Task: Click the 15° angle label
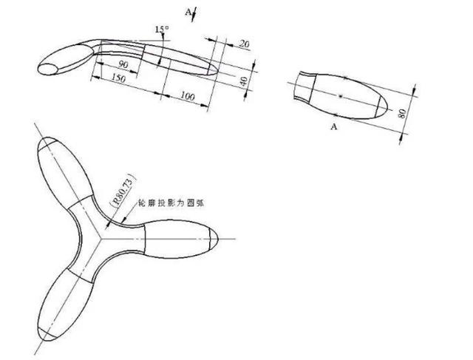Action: (162, 29)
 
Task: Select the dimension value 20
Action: (244, 44)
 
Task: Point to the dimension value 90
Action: (123, 65)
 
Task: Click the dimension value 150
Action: (115, 78)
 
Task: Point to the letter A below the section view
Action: (333, 126)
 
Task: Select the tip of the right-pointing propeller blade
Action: (220, 239)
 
